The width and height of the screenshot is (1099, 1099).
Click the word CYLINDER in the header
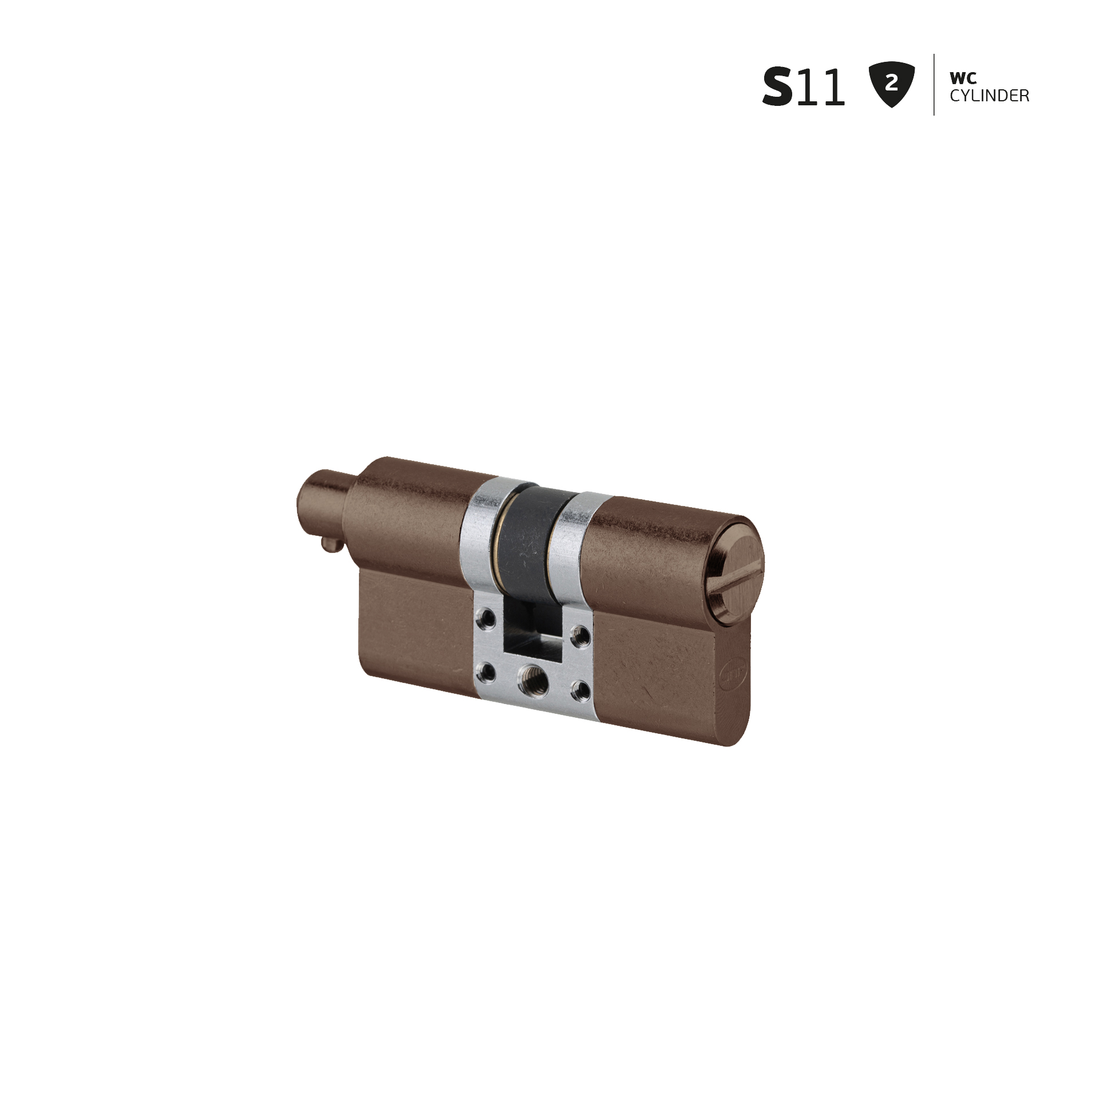(x=990, y=96)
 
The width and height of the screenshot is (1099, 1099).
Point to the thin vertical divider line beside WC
(x=934, y=85)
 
